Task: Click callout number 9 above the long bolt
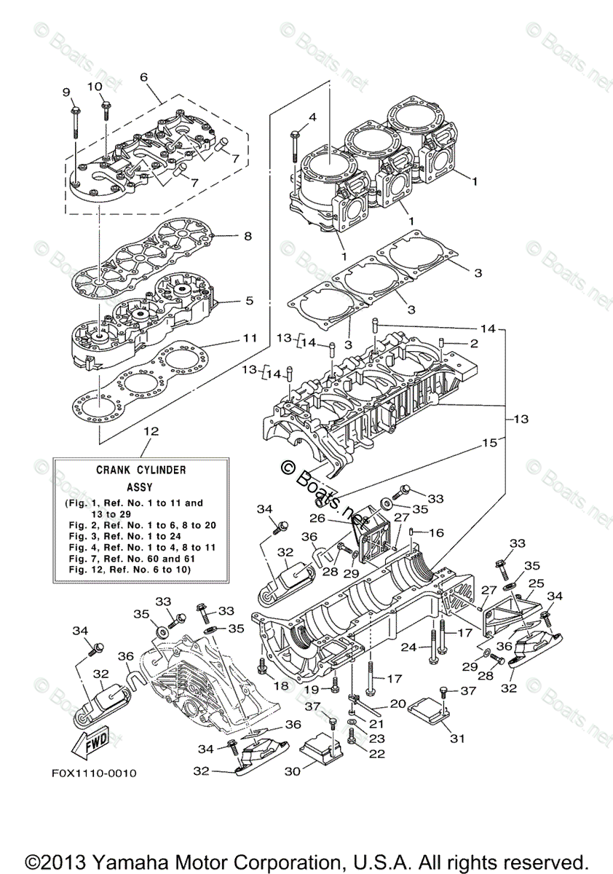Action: click(66, 92)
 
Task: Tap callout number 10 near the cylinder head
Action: click(95, 86)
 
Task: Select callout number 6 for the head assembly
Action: click(143, 77)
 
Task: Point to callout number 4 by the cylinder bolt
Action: click(312, 117)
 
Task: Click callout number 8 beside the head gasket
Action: click(248, 236)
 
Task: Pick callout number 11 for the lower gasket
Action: click(250, 339)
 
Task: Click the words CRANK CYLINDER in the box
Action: click(141, 470)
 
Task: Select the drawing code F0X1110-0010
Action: click(94, 773)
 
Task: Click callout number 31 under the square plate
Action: click(456, 739)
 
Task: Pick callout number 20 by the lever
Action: click(398, 704)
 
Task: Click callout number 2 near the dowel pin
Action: click(473, 343)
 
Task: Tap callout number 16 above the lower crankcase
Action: click(436, 533)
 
